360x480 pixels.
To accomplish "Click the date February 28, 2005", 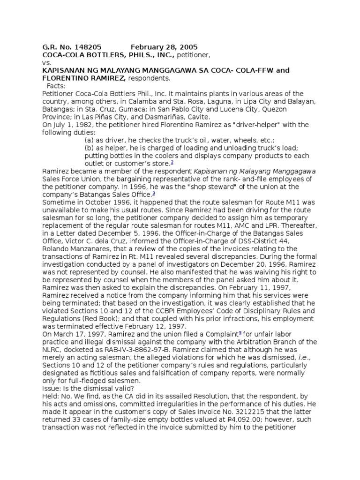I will tap(164, 47).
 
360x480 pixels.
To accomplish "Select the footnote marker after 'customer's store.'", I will tap(172, 163).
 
